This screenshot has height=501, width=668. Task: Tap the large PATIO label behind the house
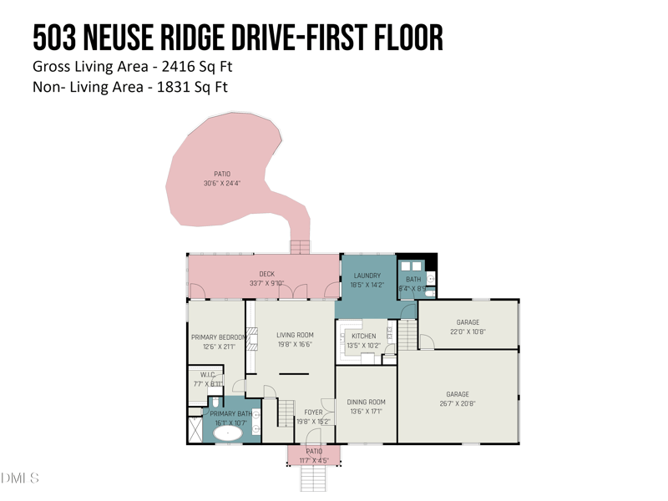pos(222,174)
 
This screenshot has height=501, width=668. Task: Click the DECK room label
pos(266,274)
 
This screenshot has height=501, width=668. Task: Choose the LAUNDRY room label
pos(367,276)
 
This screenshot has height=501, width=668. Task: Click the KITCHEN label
pos(363,336)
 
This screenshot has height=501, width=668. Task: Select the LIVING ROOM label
pos(295,335)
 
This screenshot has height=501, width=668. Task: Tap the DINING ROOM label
pos(366,402)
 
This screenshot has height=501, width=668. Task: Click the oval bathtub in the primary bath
pos(227,433)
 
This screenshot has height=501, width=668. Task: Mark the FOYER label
pos(313,412)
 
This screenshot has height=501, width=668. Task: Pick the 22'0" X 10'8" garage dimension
pos(468,331)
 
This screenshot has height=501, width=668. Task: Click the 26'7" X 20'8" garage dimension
pos(457,404)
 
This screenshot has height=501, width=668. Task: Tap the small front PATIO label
pos(313,452)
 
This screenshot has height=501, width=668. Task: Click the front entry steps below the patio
pos(312,478)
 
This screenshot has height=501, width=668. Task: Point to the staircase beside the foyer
pos(286,411)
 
